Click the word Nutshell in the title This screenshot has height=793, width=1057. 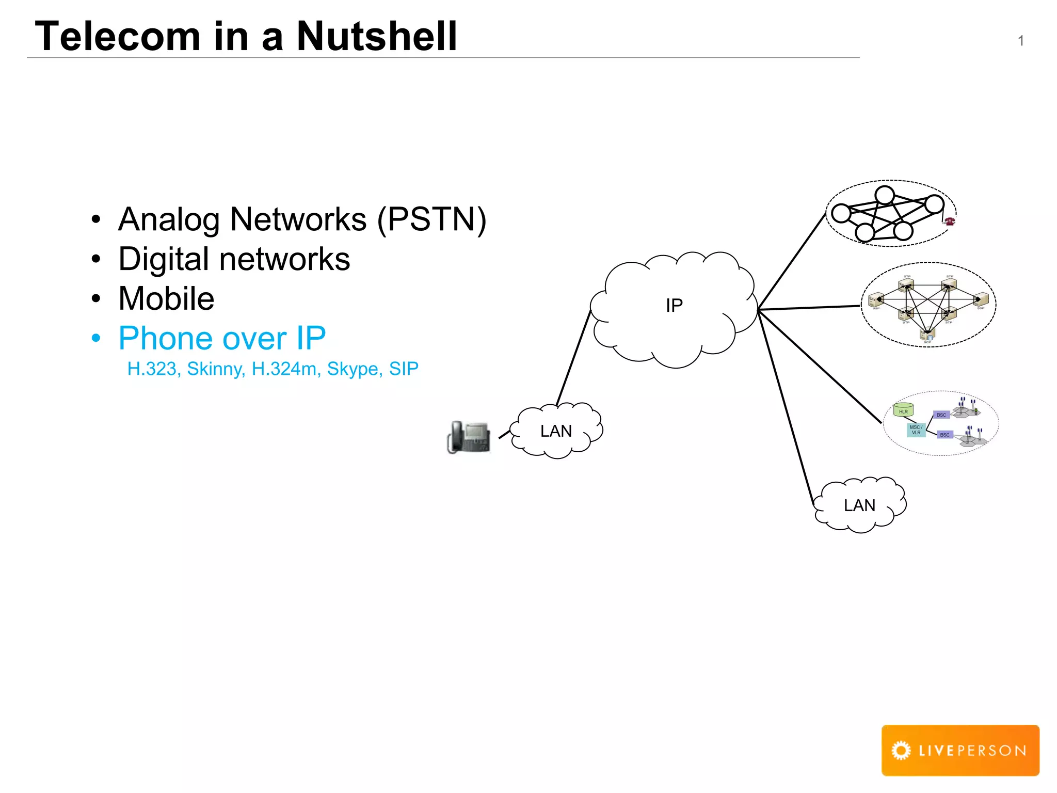click(377, 36)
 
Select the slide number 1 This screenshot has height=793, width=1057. click(1020, 41)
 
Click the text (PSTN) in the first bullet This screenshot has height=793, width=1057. click(431, 219)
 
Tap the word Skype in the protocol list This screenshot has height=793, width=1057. click(355, 369)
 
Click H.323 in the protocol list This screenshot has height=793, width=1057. click(152, 369)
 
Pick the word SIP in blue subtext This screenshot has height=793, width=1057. click(404, 369)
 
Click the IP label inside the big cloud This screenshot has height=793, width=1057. click(674, 306)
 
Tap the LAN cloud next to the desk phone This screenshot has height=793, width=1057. click(556, 431)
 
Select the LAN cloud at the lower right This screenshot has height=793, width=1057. click(859, 505)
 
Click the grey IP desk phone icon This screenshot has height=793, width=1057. click(469, 437)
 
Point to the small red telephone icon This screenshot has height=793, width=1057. click(949, 221)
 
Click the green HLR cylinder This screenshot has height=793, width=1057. click(904, 410)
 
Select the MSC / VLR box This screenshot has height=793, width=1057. click(916, 430)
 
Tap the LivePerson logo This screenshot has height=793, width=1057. click(960, 750)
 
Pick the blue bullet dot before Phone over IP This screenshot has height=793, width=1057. click(96, 339)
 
